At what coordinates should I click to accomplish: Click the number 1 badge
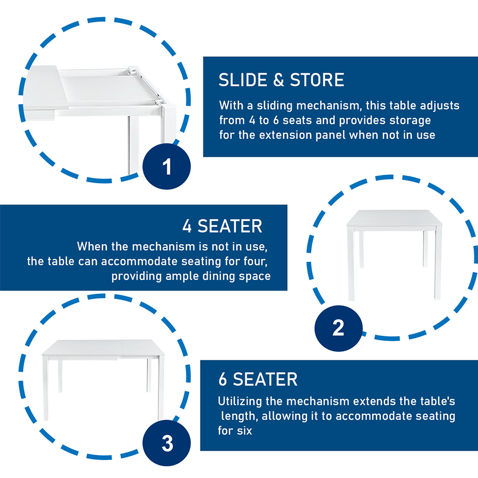(x=166, y=166)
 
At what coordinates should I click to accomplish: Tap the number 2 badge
(x=338, y=328)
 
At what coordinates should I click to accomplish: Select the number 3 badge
(x=166, y=442)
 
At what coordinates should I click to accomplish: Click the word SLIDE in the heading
(x=243, y=80)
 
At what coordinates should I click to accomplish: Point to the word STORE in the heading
(x=317, y=80)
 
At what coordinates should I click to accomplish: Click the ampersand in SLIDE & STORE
(x=279, y=80)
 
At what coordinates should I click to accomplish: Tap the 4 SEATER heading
(x=222, y=226)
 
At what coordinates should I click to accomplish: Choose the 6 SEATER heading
(x=258, y=379)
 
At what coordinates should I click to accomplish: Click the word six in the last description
(x=244, y=431)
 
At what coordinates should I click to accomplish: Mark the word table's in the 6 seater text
(x=438, y=401)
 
